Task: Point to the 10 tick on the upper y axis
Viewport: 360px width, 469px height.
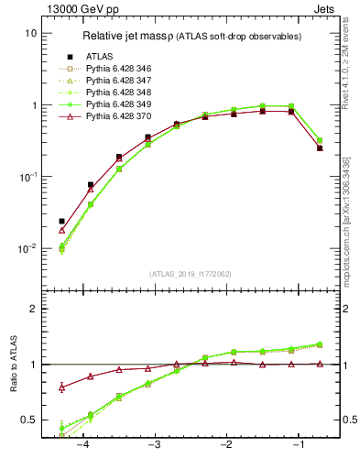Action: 30,33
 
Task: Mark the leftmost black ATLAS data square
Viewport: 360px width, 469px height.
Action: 61,221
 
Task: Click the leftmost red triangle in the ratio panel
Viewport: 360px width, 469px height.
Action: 61,387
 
